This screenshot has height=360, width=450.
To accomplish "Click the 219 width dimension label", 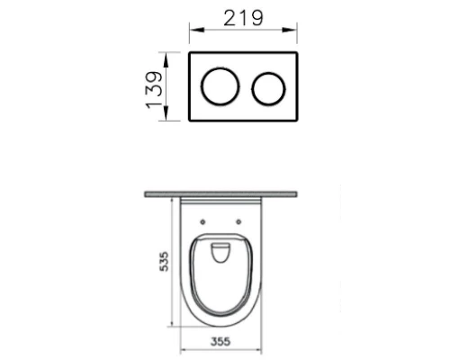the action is point(244,18).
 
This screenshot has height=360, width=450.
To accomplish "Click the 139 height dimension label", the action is point(155,89).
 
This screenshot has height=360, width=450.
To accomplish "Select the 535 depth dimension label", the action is point(164,262).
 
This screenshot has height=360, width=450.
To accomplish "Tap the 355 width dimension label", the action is point(220,341).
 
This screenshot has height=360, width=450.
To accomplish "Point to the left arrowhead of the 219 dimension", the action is point(197,30).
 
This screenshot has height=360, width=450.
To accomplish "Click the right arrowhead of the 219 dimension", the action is point(289,30).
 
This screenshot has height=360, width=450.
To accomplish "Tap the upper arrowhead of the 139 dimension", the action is point(166,59).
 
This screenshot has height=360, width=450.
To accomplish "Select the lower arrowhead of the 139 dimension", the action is point(166,113).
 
